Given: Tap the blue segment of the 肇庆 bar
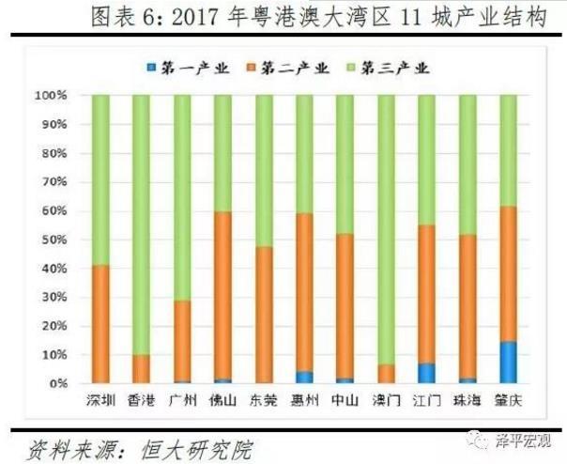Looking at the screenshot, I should pos(508,363).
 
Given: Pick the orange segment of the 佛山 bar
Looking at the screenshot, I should pos(222,296).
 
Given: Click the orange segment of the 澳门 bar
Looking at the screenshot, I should pos(386,374).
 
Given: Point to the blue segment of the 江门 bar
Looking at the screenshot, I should pos(426,374).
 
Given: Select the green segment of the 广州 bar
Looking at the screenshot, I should pos(182,197).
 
